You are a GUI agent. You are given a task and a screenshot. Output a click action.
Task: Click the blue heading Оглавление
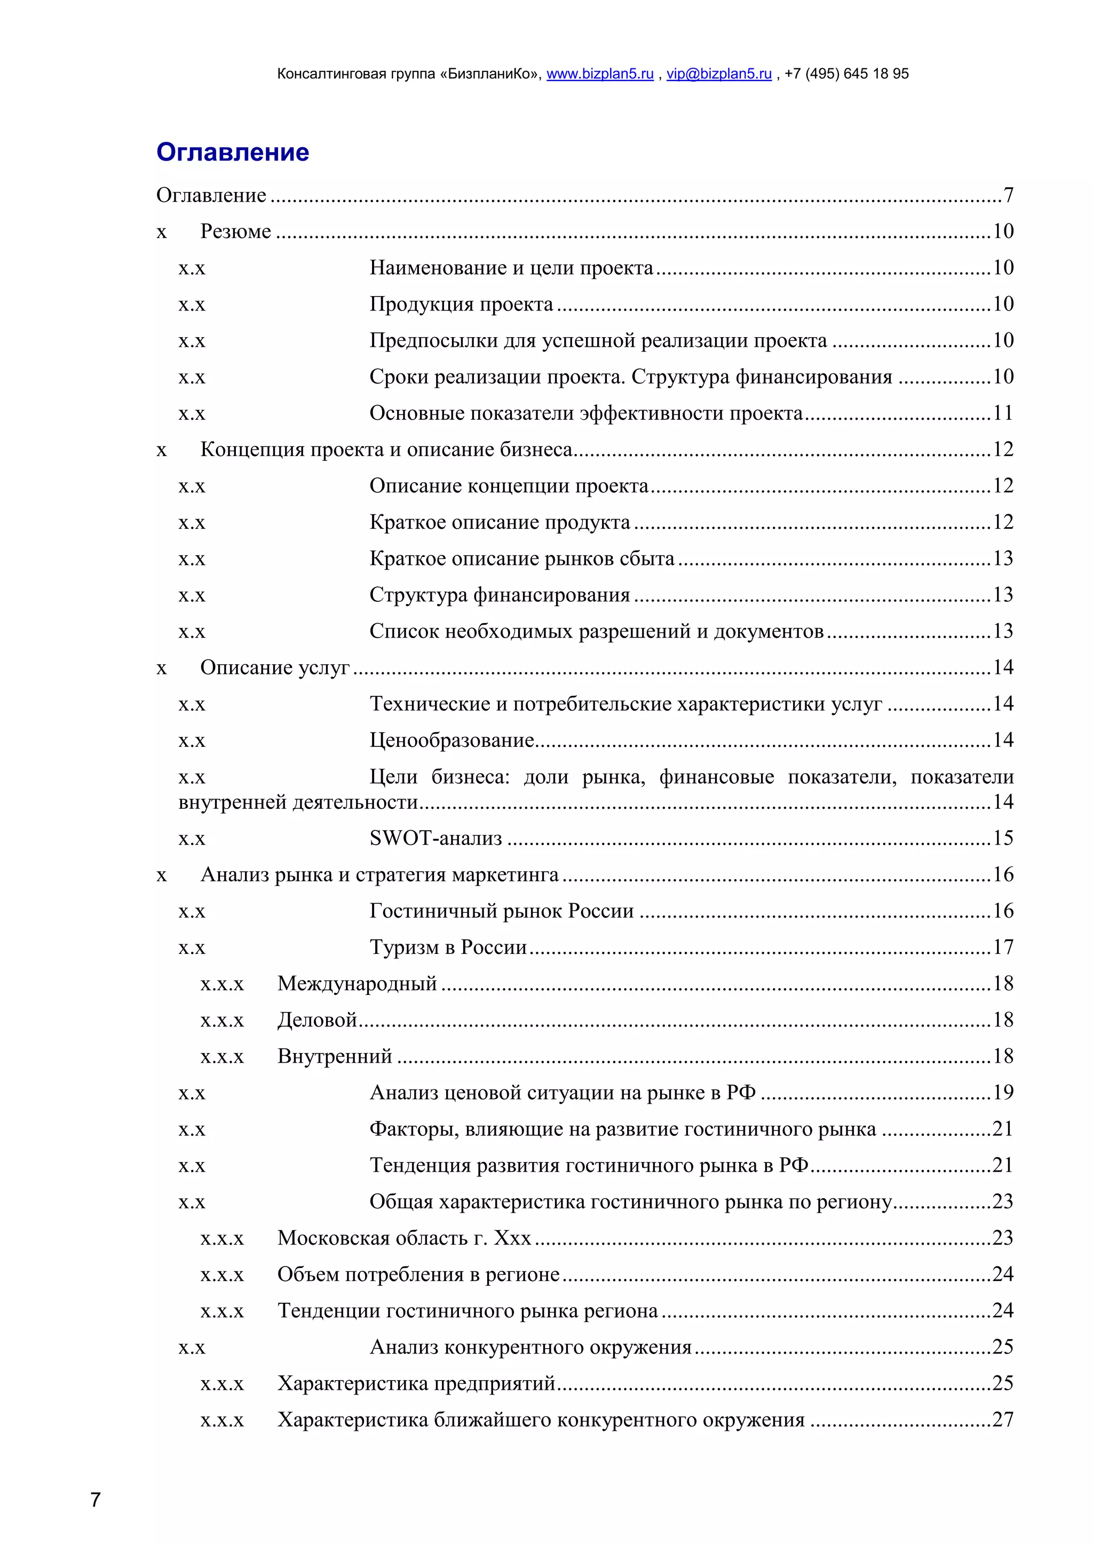tap(232, 152)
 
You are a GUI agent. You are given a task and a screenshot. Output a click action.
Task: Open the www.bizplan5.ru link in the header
tap(600, 74)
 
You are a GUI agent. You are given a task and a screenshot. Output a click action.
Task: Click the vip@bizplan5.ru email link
tap(718, 74)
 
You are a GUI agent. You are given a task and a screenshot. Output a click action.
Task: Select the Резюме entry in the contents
tap(235, 232)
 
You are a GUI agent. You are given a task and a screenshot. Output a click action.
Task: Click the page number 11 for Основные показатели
tap(1002, 413)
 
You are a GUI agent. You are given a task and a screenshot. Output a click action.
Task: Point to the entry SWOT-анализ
tap(435, 839)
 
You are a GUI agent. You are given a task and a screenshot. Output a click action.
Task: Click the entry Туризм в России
tap(448, 947)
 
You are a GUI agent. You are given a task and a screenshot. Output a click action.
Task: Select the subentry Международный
tap(357, 984)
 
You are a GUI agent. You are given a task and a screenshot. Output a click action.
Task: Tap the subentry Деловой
tap(316, 1020)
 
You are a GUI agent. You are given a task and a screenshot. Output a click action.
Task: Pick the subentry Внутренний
tap(335, 1056)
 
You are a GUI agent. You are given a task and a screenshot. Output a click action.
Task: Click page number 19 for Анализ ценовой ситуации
tap(1002, 1093)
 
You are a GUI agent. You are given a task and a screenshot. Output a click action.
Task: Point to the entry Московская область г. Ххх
tap(404, 1238)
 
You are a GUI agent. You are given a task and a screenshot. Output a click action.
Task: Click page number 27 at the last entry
tap(1002, 1420)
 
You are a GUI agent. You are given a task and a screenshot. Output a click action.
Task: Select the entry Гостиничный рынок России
tap(502, 911)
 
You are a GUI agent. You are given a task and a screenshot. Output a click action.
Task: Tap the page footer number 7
tap(96, 1500)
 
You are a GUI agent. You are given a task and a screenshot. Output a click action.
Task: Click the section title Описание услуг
tap(275, 667)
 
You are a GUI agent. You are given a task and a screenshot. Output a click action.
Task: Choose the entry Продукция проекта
tap(461, 304)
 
